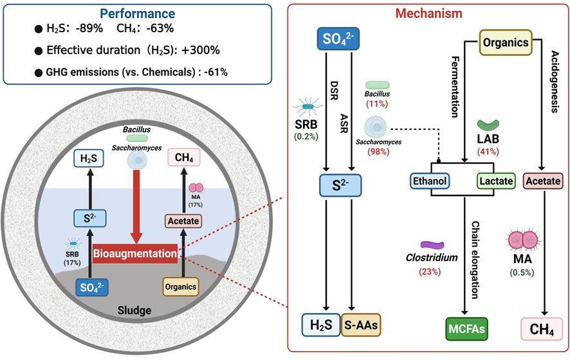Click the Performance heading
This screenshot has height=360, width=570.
click(128, 12)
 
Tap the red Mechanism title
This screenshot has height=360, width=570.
click(427, 13)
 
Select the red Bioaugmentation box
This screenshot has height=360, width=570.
click(135, 254)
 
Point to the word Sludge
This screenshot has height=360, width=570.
click(135, 310)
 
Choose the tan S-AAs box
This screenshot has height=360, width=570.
click(361, 326)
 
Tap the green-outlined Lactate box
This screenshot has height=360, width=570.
click(495, 181)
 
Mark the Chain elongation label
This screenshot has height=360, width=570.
click(476, 260)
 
